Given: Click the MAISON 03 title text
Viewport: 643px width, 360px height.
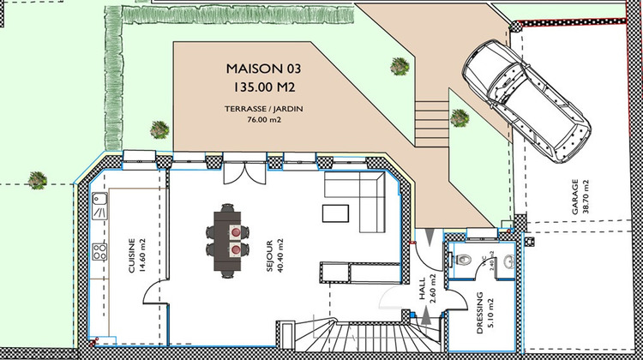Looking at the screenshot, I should (263, 67).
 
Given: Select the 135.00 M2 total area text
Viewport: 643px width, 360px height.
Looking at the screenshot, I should (263, 87).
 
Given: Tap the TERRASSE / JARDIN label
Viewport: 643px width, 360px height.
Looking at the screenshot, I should (263, 109).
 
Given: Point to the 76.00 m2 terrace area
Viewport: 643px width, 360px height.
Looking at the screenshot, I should (263, 121).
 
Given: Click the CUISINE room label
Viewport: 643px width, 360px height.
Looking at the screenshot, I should (131, 255).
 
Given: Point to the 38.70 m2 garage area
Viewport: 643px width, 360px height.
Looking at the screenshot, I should (598, 199).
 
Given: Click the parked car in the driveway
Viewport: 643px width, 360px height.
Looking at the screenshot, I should (525, 101).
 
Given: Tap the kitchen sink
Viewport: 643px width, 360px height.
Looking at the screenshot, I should (100, 206).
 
